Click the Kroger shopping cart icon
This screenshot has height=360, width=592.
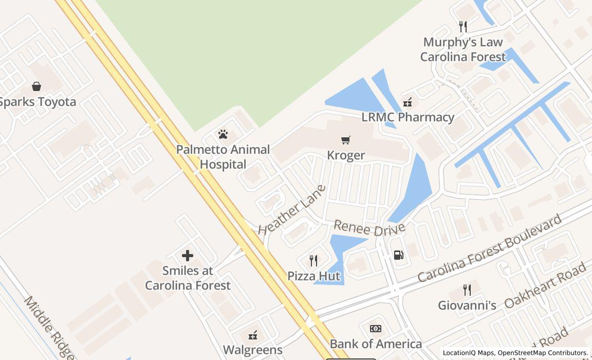pyautogui.click(x=346, y=140)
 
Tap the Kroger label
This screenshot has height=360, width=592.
pyautogui.click(x=346, y=155)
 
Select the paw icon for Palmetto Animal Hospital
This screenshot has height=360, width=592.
pyautogui.click(x=223, y=135)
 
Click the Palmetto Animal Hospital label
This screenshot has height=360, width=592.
pyautogui.click(x=223, y=157)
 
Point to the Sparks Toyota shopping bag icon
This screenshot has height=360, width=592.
pyautogui.click(x=36, y=86)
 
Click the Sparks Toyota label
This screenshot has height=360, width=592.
pyautogui.click(x=38, y=101)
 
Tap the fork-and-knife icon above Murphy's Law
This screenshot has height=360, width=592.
pyautogui.click(x=463, y=27)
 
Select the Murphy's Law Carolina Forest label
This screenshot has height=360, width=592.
pyautogui.click(x=463, y=49)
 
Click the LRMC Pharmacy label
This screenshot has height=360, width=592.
pyautogui.click(x=408, y=117)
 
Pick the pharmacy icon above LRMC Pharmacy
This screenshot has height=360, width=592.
pyautogui.click(x=408, y=102)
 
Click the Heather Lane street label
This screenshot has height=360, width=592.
pyautogui.click(x=292, y=210)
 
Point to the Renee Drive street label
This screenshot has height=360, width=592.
pyautogui.click(x=369, y=228)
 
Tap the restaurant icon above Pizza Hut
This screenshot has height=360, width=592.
pyautogui.click(x=313, y=261)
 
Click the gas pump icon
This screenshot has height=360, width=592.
pyautogui.click(x=398, y=255)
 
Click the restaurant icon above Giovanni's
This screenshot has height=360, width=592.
pyautogui.click(x=467, y=290)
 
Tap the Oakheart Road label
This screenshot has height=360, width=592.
pyautogui.click(x=545, y=285)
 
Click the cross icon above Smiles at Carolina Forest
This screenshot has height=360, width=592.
pyautogui.click(x=188, y=255)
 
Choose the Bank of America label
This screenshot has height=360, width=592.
pyautogui.click(x=376, y=344)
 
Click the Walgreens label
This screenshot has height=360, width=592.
pyautogui.click(x=253, y=350)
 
